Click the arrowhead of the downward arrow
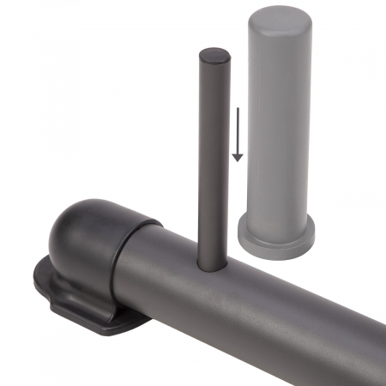tap(238, 158)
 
